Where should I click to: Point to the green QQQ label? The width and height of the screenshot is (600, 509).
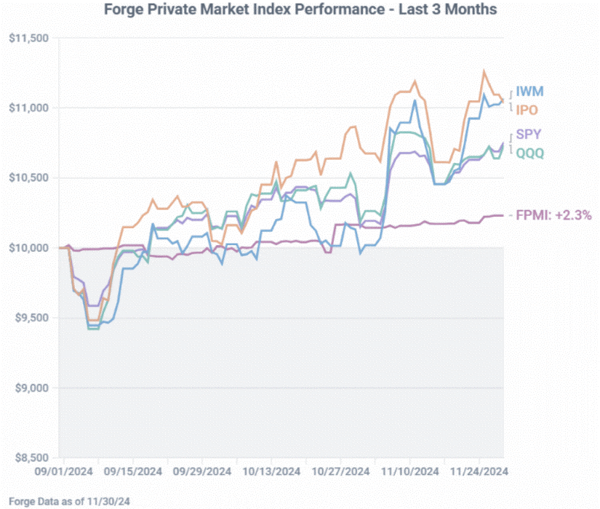[x=530, y=153]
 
